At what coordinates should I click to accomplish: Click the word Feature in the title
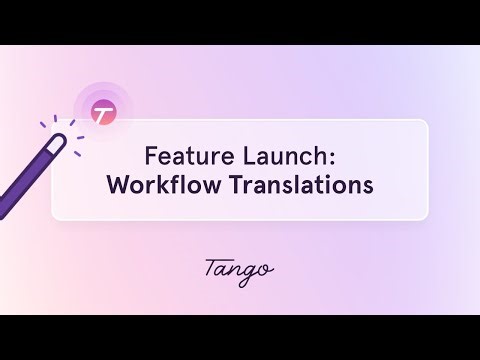point(180,156)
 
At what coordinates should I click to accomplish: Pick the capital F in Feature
point(151,156)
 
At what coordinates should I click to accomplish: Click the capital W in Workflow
point(117,185)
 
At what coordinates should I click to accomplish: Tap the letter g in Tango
point(251,272)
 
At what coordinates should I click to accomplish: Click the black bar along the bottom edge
point(240,337)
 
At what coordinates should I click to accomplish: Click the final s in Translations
point(368,186)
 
